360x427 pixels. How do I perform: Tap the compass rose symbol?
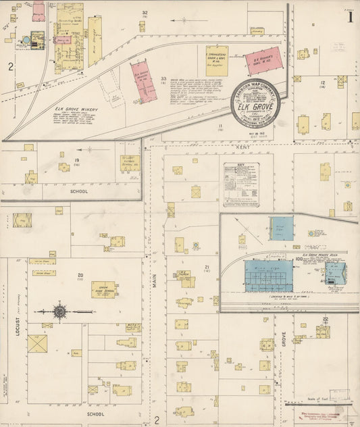(59, 311)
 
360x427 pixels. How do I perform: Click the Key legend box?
(241, 184)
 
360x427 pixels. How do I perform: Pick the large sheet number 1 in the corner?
(350, 18)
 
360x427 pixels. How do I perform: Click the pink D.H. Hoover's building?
(263, 61)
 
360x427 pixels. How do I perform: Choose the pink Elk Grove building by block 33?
(143, 81)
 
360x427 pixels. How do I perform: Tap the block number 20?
(80, 275)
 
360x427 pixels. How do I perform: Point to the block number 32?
(145, 13)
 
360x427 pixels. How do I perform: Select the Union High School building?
(104, 290)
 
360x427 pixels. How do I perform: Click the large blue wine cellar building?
(269, 276)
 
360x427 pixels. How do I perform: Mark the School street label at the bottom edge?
(96, 413)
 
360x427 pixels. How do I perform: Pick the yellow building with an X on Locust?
(37, 343)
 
